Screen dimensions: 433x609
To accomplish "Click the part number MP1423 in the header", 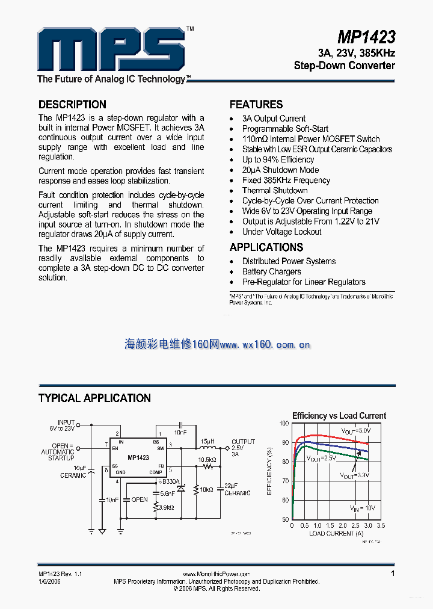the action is [x=366, y=37].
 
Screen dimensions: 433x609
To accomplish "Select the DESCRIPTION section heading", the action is [x=72, y=104].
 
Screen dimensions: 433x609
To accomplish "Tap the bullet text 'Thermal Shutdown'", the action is [x=275, y=190].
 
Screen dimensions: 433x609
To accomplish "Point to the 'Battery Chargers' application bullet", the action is [x=271, y=271].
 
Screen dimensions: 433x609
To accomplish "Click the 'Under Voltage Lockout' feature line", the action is [x=281, y=232].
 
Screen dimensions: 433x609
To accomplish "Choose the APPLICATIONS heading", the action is [x=266, y=247].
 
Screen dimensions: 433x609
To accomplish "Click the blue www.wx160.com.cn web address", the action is [x=265, y=345].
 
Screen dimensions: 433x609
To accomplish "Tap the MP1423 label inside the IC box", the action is [x=138, y=458].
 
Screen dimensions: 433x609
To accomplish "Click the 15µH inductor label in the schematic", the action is [x=207, y=441].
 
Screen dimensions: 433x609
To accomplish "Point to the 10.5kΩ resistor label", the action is [x=207, y=459].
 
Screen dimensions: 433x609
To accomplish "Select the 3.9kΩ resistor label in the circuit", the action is [x=164, y=508].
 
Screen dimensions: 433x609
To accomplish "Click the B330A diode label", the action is [x=170, y=481].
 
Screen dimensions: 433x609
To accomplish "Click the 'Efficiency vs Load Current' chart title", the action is [x=339, y=416].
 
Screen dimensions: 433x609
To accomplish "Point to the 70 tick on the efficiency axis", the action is [x=284, y=481].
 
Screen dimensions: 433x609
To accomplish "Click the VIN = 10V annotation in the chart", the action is [x=363, y=509].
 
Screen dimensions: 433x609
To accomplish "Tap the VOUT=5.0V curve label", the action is [x=357, y=431].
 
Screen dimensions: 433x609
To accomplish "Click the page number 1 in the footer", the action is [x=393, y=573].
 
